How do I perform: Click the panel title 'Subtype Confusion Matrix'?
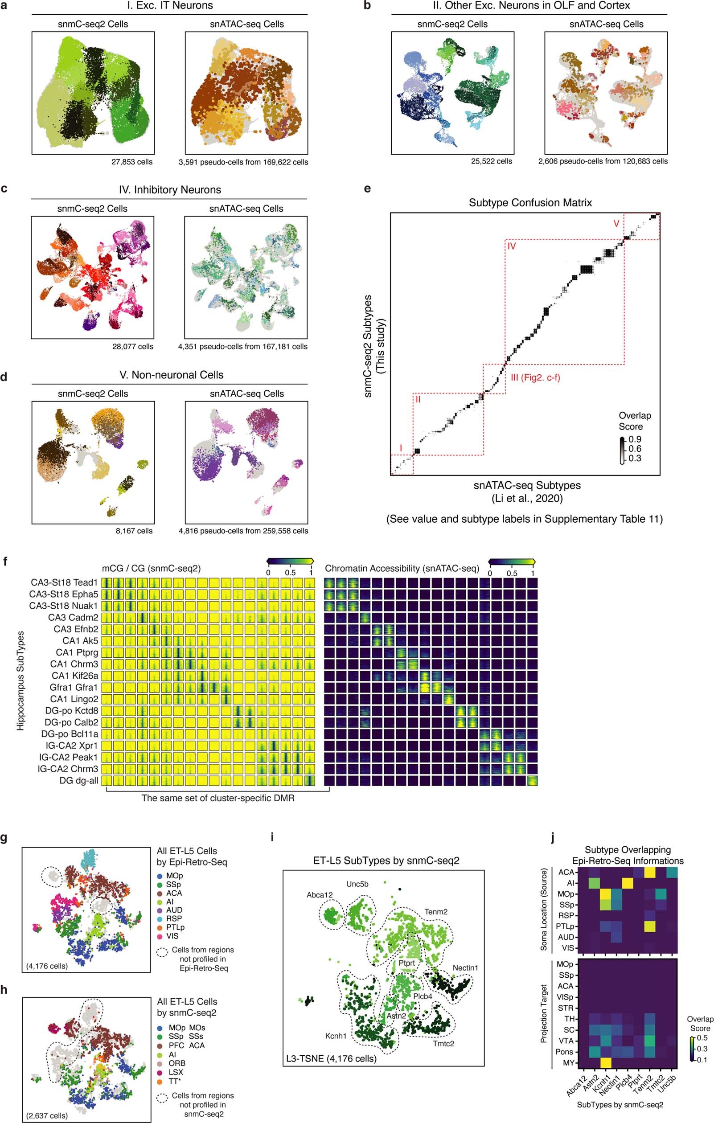point(530,202)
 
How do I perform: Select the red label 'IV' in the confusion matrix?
point(512,246)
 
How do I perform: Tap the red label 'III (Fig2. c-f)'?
point(535,377)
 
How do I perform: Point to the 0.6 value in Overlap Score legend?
point(635,449)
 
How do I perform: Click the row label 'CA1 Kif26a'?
point(74,675)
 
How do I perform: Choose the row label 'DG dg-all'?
point(78,780)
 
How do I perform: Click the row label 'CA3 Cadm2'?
point(73,617)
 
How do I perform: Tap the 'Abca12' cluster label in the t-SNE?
point(320,894)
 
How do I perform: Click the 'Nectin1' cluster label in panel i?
point(465,968)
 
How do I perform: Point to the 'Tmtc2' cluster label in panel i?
point(443,1043)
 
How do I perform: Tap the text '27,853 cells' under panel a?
point(131,162)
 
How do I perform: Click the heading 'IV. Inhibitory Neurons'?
point(170,190)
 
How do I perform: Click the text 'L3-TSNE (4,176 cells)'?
point(331,1058)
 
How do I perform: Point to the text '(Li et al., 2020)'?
point(527,498)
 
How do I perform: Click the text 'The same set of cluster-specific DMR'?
point(218,798)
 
